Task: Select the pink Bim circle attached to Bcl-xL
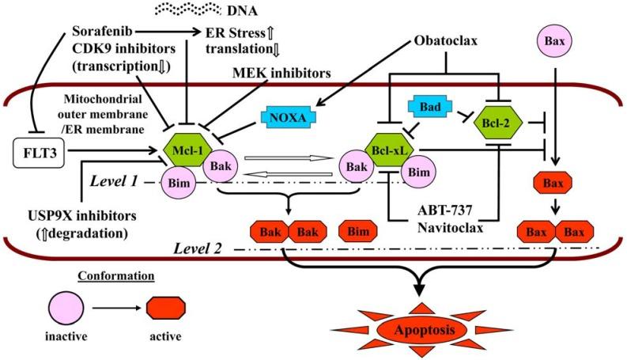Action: point(421,172)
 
